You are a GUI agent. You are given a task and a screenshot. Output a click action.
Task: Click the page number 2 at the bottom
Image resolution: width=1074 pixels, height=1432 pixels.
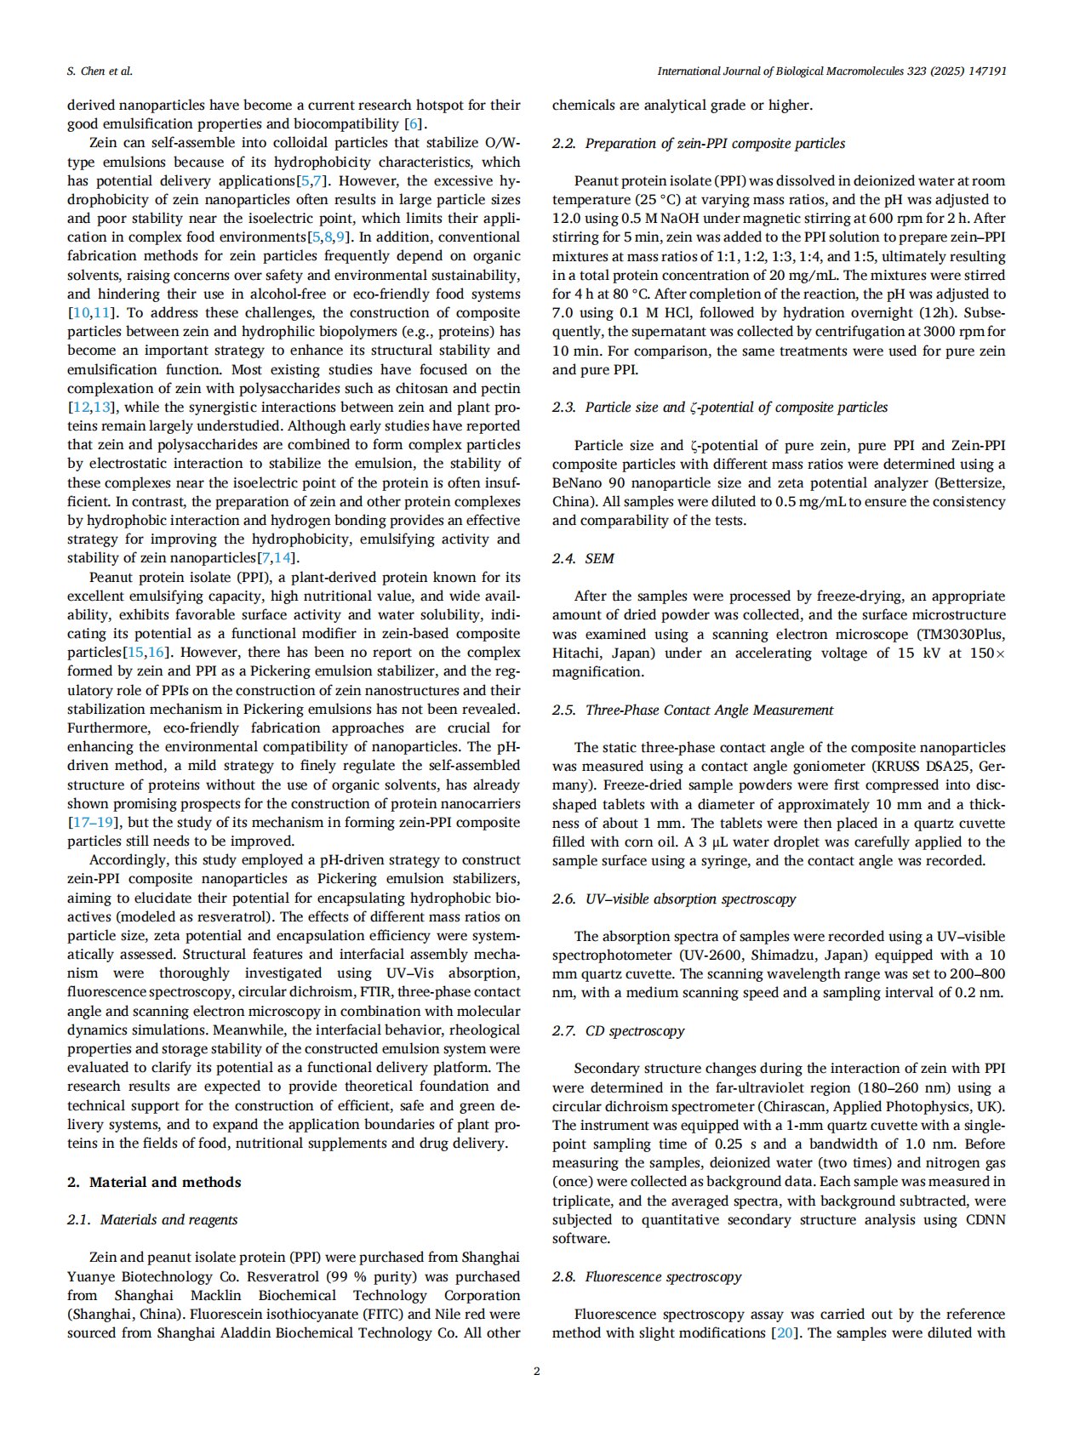536,1371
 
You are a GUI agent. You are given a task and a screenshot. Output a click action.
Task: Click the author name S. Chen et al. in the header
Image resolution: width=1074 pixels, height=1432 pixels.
100,71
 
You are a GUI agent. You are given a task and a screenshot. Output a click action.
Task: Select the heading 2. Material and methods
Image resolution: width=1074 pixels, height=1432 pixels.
154,1182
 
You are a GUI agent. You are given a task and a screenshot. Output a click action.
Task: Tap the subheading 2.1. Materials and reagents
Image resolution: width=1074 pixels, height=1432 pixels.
152,1219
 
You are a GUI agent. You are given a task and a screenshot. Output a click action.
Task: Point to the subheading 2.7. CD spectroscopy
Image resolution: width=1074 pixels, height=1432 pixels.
618,1030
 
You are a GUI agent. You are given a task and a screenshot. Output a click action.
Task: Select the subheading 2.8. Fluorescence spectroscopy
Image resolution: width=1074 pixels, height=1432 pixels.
647,1276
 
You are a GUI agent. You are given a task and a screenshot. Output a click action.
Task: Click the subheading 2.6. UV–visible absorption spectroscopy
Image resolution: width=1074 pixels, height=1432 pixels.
674,899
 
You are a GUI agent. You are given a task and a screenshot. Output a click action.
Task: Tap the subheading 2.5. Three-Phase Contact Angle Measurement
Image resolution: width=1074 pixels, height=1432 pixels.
693,710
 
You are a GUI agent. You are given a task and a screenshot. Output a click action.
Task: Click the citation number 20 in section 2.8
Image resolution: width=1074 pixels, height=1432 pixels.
783,1332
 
